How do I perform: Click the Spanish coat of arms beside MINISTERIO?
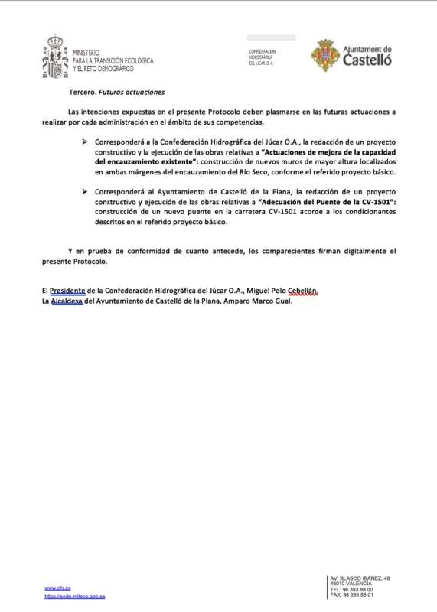(55, 54)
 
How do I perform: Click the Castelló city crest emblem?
(324, 55)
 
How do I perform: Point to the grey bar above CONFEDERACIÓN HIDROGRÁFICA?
(271, 37)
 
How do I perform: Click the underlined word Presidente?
(67, 291)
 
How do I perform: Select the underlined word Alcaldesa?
(67, 301)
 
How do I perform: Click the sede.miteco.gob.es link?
(75, 596)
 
